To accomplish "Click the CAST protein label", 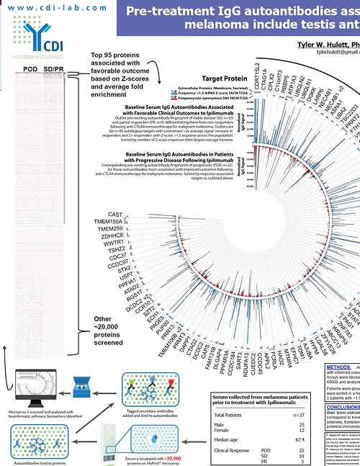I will point(114,215).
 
